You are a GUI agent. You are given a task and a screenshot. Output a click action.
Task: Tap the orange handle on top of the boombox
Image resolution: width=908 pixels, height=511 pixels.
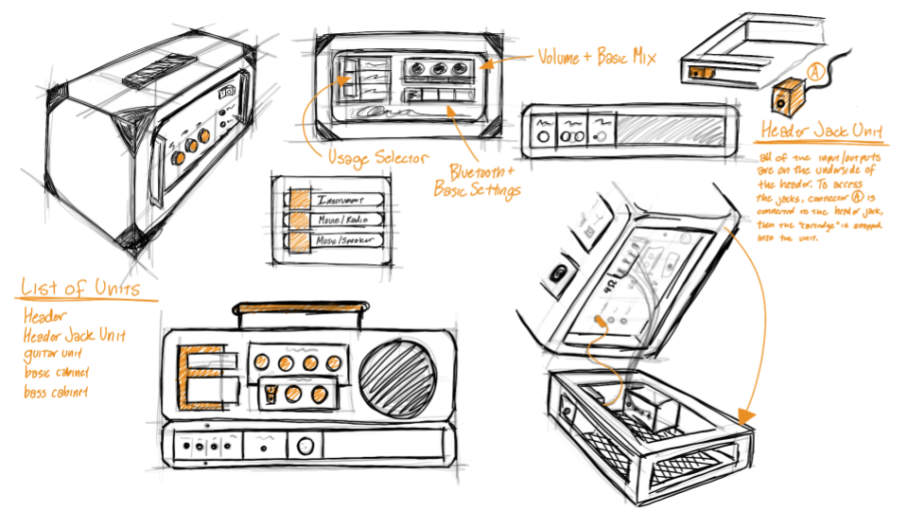pos(298,307)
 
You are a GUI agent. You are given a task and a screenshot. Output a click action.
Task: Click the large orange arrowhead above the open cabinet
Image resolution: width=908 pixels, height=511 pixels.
pos(743,414)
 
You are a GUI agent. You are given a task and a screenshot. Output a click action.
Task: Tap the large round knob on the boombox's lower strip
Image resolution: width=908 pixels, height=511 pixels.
pos(305,446)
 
